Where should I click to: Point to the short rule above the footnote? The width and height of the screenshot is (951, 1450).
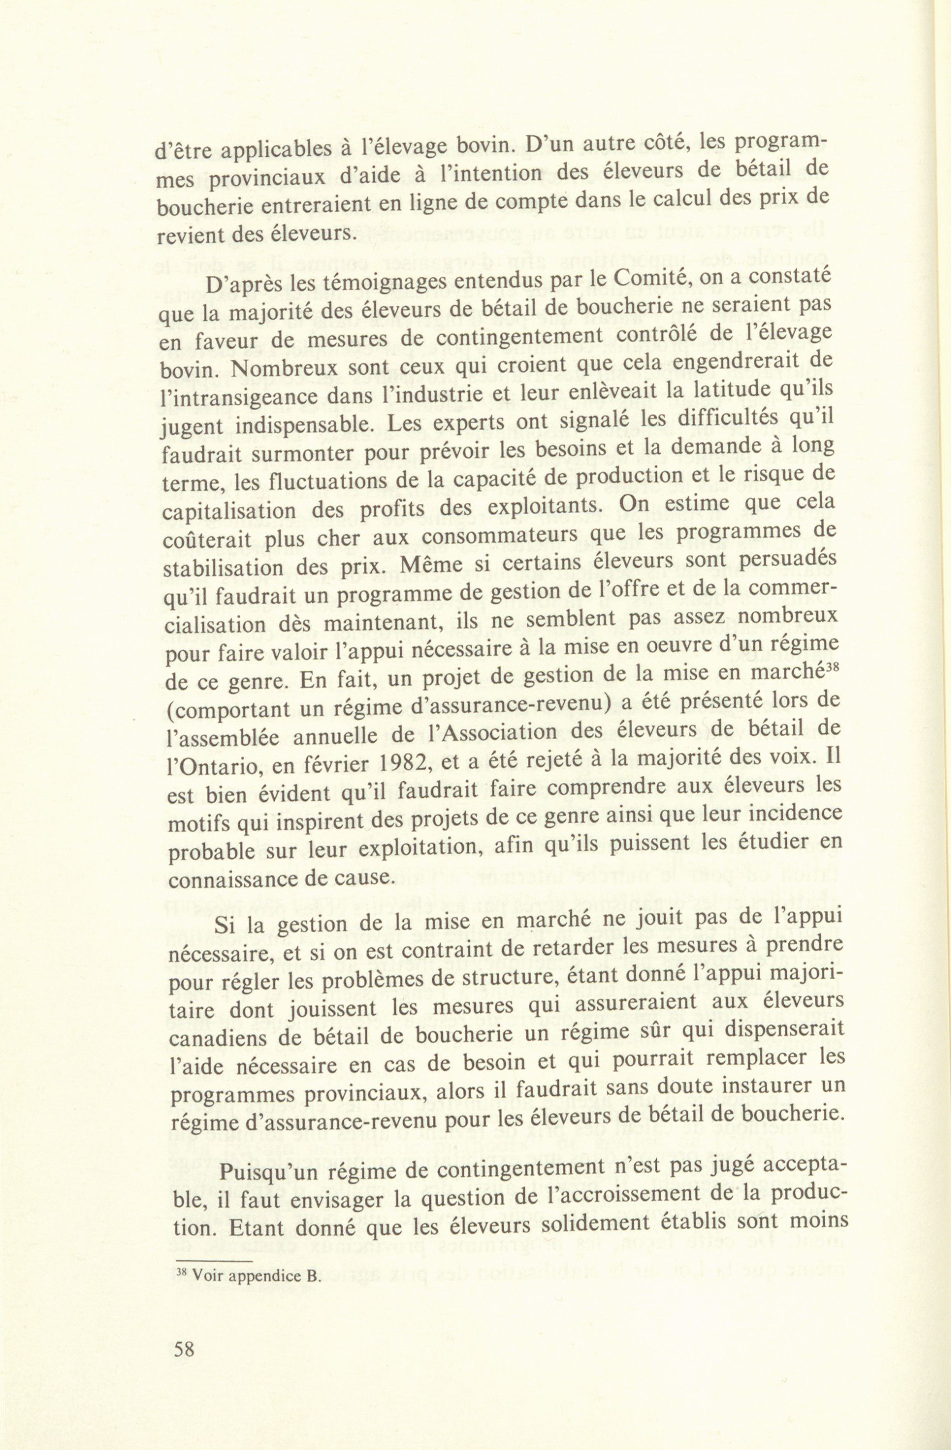coord(213,1260)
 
